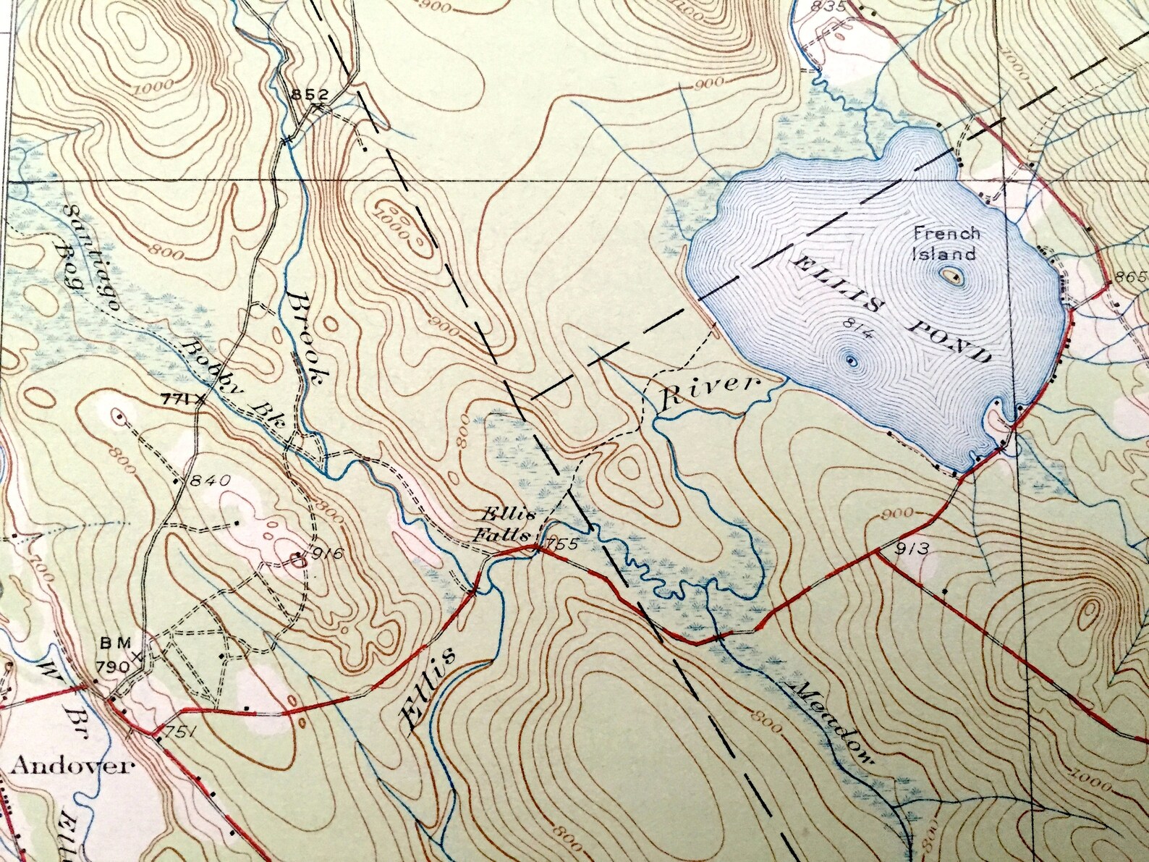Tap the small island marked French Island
point(949,276)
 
